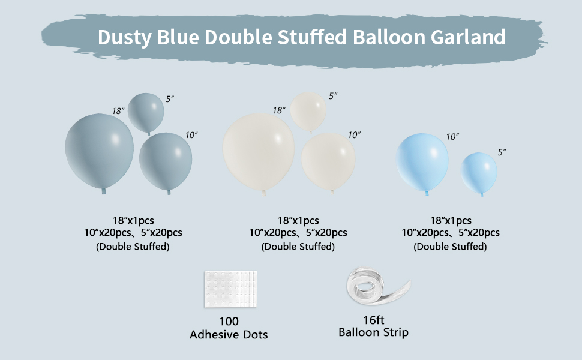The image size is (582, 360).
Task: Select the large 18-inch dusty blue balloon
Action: (99, 150)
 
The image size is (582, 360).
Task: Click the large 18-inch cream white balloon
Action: (259, 151)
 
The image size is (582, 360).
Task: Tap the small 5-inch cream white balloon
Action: (308, 110)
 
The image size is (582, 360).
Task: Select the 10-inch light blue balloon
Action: (422, 162)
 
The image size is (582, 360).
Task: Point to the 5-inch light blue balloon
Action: (479, 173)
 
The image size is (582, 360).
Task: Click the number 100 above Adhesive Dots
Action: (229, 322)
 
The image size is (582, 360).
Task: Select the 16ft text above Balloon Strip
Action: (373, 320)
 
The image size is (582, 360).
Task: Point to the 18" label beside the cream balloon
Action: (279, 110)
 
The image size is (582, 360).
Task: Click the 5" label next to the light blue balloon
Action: (502, 152)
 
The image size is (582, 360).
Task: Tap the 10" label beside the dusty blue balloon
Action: (191, 136)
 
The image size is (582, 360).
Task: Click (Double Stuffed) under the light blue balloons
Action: (451, 247)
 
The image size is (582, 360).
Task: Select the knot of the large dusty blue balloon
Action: (103, 191)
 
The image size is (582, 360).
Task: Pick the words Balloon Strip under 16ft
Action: (373, 332)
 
